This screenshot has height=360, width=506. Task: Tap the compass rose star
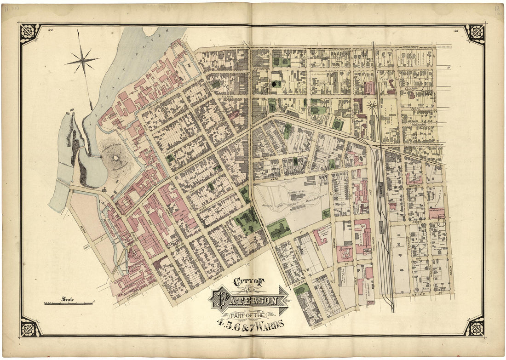82,59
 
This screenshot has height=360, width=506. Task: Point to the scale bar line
69,303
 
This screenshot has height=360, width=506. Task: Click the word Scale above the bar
68,299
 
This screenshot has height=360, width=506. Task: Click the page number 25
455,31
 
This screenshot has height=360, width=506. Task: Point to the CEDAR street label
420,295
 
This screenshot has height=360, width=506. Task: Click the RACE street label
87,246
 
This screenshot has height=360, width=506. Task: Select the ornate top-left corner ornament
29,33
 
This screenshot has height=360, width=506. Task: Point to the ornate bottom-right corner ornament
474,327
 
